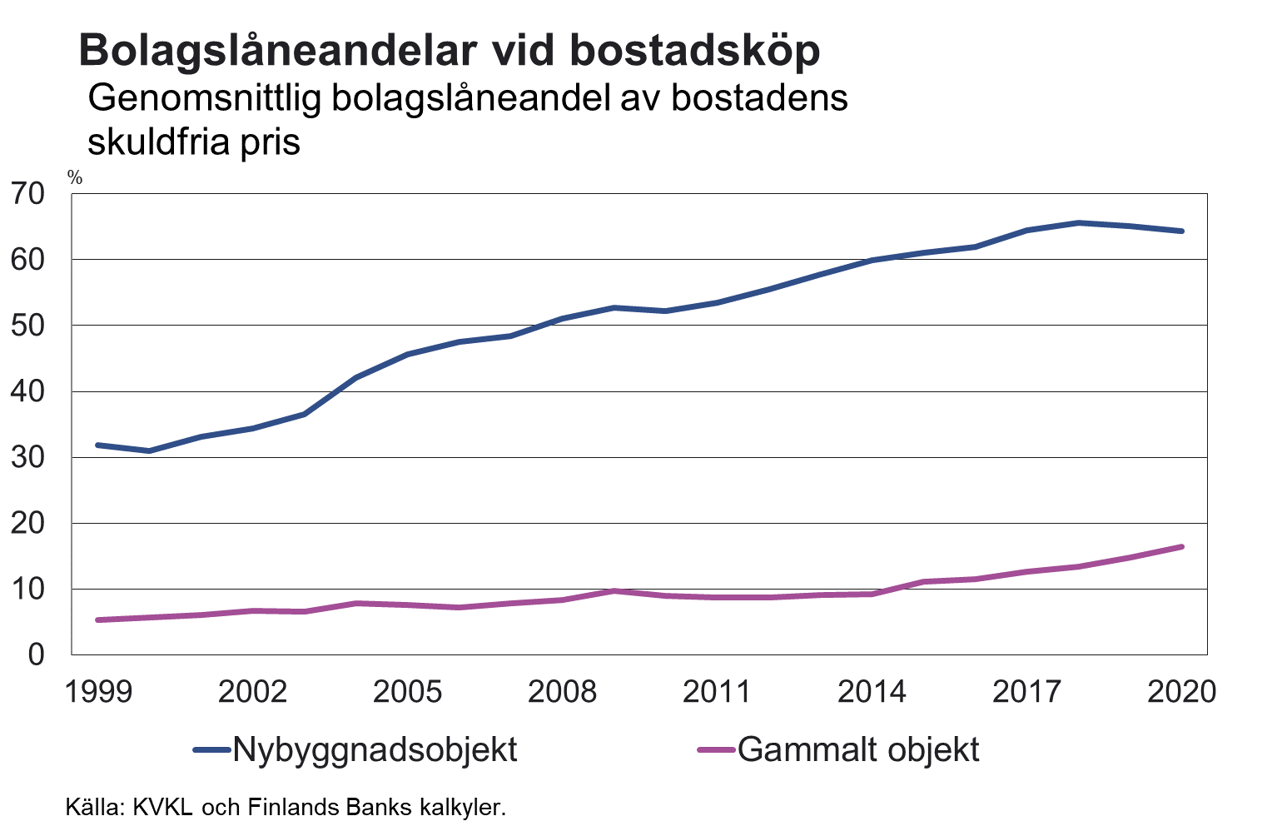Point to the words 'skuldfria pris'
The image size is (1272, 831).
193,142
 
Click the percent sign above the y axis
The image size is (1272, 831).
75,177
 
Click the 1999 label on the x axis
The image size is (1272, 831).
98,692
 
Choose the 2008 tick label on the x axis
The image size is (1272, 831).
563,692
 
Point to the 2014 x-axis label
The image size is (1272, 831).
872,692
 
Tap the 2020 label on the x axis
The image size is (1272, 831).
1181,692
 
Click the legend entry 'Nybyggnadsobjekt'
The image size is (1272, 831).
375,749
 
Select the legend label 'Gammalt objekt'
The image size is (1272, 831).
858,749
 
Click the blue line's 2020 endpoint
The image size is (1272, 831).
1181,231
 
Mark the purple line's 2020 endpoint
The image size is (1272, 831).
1181,547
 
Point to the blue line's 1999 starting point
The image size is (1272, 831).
98,445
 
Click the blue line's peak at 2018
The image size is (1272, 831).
1078,223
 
